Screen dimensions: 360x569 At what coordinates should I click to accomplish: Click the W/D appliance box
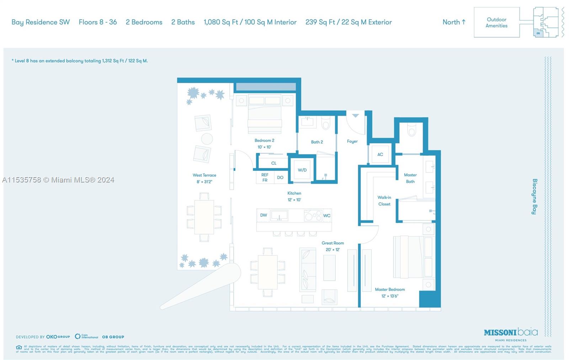(x=302, y=170)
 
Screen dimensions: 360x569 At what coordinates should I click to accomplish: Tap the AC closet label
(x=380, y=154)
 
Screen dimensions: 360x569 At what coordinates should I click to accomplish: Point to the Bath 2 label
(x=317, y=142)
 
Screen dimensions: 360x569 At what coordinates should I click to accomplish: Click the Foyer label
(x=352, y=141)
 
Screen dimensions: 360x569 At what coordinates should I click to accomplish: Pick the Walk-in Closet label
(x=384, y=201)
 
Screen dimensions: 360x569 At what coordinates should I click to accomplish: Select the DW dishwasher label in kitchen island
(x=264, y=215)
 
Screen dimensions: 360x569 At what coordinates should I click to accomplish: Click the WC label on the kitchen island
(x=327, y=216)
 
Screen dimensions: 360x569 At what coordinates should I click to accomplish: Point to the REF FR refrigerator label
(x=265, y=178)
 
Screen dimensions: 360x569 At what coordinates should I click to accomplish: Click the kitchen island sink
(x=279, y=216)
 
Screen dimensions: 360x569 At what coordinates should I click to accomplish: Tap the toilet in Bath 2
(x=326, y=123)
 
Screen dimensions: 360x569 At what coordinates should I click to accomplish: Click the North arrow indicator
(x=454, y=22)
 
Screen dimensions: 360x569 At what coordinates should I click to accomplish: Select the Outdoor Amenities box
(x=496, y=22)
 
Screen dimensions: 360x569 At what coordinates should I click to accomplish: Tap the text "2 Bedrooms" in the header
(x=144, y=22)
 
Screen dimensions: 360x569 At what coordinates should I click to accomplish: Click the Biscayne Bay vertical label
(x=534, y=196)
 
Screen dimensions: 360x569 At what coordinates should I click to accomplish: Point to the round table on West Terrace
(x=207, y=139)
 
